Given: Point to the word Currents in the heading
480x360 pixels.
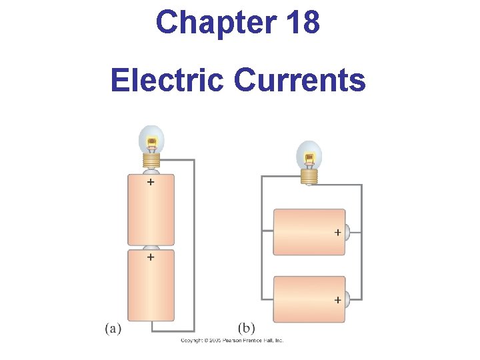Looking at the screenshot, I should (299, 81).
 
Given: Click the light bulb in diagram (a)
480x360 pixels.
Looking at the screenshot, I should (151, 141).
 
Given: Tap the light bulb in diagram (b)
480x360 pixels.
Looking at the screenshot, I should (309, 157).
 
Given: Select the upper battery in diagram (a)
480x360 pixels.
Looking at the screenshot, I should (151, 210).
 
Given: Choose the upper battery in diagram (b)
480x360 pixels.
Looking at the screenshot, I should (309, 232).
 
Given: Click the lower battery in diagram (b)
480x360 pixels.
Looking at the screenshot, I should (309, 299).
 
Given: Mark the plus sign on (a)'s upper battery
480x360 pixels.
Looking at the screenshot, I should (151, 181).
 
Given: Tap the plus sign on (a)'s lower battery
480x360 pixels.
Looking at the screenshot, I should (151, 256).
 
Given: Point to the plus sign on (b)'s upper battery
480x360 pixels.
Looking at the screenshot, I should (337, 233).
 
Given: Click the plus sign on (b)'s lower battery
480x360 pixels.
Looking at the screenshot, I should (337, 300).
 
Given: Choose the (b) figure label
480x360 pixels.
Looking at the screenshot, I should (247, 328).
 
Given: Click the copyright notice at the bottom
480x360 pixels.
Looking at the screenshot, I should (232, 340).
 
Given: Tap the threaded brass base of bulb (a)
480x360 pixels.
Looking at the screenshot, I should (152, 161).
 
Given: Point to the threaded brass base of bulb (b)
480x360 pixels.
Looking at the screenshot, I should (309, 176).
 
